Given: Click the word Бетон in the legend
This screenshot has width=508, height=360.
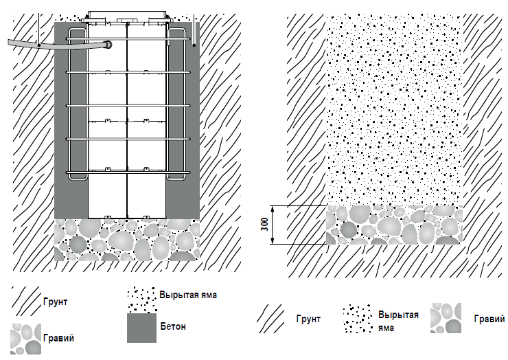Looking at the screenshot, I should coord(172,326).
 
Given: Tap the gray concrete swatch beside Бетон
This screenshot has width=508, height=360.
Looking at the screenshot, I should coord(142,327).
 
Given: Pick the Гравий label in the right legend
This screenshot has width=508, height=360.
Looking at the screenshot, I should coord(486,319).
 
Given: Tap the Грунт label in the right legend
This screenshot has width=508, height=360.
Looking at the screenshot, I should coord(309,319).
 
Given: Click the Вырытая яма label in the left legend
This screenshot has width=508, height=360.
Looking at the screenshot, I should coord(188,295).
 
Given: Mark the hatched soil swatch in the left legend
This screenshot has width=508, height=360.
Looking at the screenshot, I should coord(25,300).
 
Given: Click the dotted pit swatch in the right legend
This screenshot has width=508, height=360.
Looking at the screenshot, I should coord(358,319).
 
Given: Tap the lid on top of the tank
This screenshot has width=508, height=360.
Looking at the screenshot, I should coord(128,13).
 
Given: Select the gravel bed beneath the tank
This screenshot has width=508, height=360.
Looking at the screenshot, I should coord(127,240).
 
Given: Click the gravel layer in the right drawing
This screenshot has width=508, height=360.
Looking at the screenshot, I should coord(393,225).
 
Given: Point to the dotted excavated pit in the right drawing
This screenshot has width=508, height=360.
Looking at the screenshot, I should coord(393,110).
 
